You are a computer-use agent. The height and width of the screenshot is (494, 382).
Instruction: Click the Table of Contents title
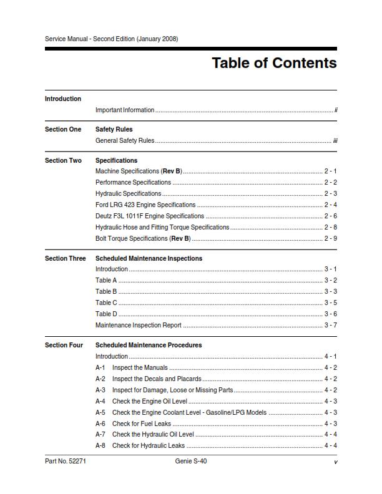coord(274,63)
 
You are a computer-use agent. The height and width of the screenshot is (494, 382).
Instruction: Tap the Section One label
coord(63,130)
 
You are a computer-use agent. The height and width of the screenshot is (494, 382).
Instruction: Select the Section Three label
coord(66,258)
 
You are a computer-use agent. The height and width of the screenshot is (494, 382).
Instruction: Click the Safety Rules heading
coord(114,130)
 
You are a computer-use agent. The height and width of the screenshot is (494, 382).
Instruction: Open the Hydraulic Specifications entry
coord(129,194)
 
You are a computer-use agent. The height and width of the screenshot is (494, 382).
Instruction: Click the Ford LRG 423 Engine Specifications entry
coord(145,205)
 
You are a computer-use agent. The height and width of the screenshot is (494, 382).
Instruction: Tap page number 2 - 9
coord(330,238)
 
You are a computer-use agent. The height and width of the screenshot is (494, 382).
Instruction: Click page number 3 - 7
coord(330,325)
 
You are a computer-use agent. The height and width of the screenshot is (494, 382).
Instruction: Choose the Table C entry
coord(106,303)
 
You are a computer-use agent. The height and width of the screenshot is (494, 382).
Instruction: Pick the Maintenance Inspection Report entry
coord(139,325)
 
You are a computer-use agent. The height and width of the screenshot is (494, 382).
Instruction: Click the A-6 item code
coord(100,424)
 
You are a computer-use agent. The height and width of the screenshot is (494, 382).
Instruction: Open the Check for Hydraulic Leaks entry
coord(149,446)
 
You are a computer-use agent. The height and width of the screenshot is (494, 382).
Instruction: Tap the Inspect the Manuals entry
coord(140,368)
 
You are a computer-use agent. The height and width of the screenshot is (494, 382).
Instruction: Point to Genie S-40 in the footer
coord(191,462)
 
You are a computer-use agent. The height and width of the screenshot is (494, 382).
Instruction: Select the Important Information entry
coord(125,110)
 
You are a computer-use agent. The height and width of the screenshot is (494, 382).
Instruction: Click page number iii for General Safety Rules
coord(335,141)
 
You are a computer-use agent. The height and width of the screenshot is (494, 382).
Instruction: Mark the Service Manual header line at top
coord(111,39)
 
